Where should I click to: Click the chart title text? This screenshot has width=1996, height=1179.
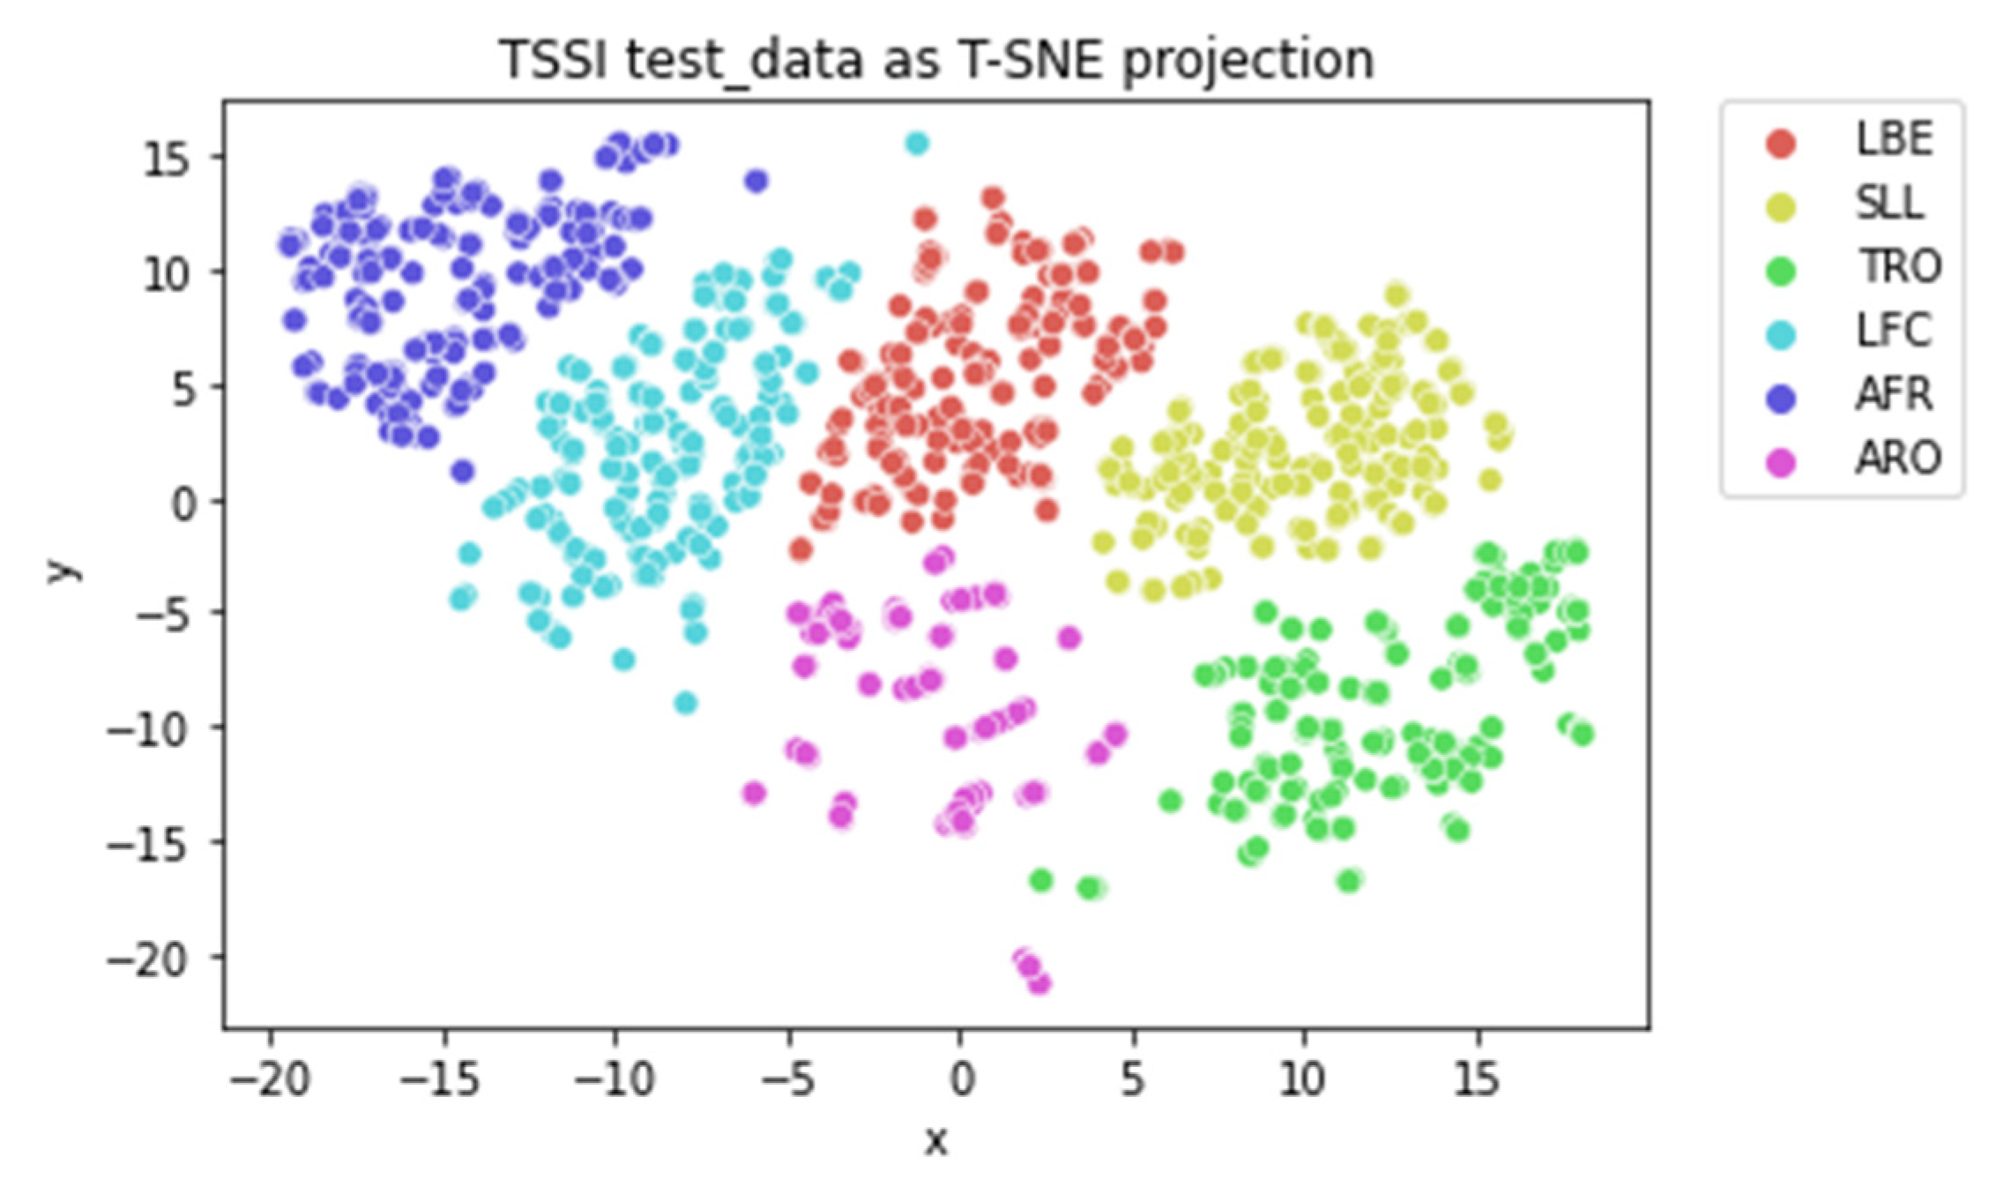point(936,60)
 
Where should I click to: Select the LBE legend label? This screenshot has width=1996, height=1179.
point(1895,140)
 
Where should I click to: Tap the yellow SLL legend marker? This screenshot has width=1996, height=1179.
point(1781,206)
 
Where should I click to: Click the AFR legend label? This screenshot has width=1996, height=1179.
point(1895,395)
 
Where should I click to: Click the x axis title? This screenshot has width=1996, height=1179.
point(935,1141)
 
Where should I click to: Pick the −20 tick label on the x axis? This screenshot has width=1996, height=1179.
point(271,1079)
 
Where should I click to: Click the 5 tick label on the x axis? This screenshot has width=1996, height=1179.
point(1133,1079)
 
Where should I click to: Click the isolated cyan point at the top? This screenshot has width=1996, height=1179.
point(917,143)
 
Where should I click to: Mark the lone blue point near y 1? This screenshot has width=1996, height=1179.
point(463,471)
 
